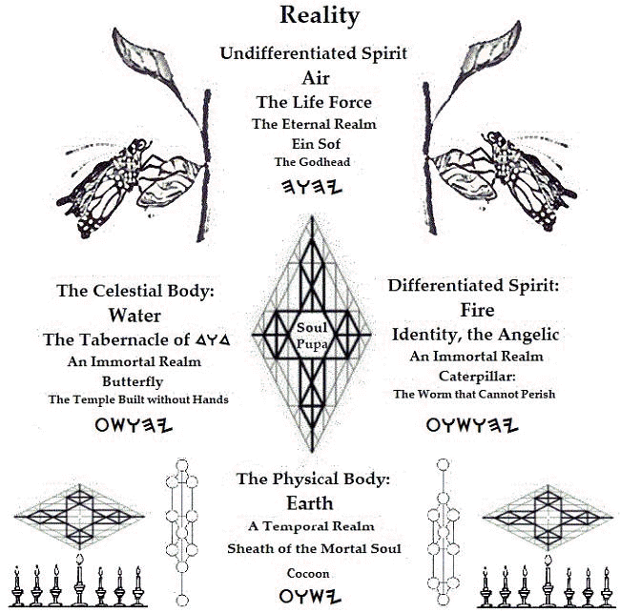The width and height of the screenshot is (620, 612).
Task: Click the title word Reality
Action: tap(306, 15)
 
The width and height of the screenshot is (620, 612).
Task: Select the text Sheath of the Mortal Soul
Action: tap(313, 548)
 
